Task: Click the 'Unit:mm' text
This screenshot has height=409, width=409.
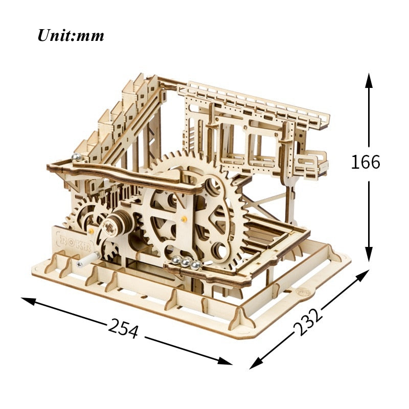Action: point(71,35)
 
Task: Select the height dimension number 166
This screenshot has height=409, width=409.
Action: point(366,162)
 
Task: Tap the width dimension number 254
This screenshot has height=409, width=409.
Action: point(123,328)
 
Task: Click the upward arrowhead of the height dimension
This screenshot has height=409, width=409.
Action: point(369,81)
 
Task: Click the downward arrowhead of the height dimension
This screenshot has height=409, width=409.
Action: point(369,254)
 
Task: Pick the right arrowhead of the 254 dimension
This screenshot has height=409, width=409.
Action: point(225,361)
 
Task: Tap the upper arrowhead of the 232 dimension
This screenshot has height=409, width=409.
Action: point(362,276)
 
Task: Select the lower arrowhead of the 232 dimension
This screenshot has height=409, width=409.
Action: point(257,363)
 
